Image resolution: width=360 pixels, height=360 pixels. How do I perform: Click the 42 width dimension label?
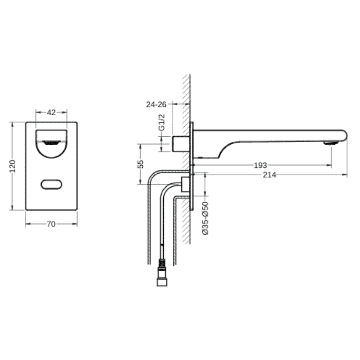(51, 112)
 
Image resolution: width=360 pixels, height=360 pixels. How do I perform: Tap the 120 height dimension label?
(12, 166)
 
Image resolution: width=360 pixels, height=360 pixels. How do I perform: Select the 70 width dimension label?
(51, 224)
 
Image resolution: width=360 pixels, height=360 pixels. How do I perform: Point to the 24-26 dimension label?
(156, 104)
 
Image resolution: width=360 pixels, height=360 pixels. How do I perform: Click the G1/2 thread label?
(162, 123)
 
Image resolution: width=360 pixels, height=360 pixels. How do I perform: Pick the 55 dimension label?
(141, 164)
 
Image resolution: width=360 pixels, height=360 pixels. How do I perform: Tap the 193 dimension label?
(260, 165)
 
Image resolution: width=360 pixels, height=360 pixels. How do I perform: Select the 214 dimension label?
(269, 175)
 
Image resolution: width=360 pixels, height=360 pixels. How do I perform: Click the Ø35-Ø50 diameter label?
(206, 218)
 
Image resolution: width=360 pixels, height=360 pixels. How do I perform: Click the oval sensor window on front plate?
(52, 184)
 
